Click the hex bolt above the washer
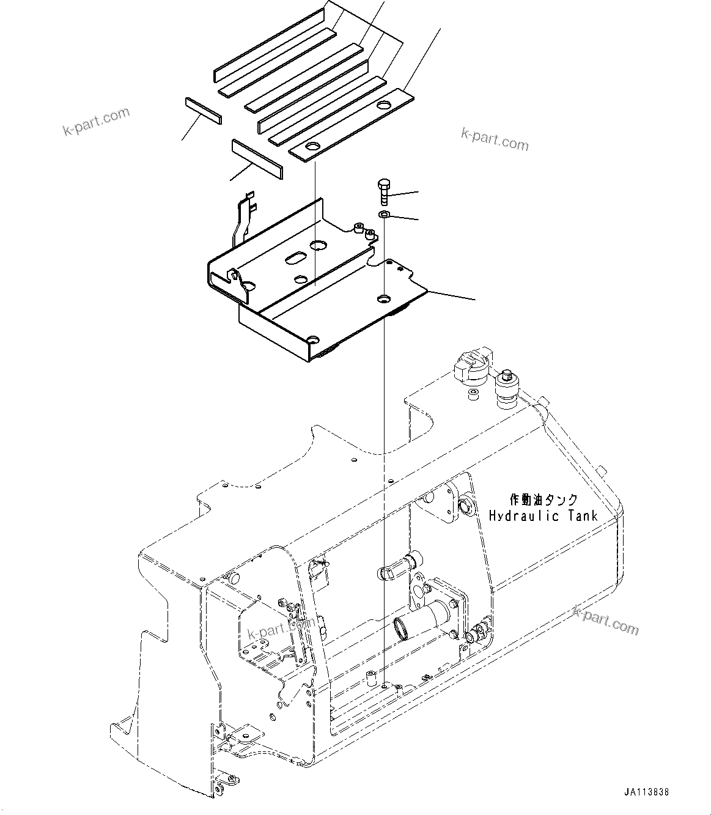pos(383,192)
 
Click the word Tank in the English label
pos(580,516)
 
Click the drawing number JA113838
pos(647,792)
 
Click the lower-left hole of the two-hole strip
pos(311,147)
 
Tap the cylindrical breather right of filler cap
pos(507,389)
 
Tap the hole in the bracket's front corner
pos(313,339)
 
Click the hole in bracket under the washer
pos(384,298)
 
